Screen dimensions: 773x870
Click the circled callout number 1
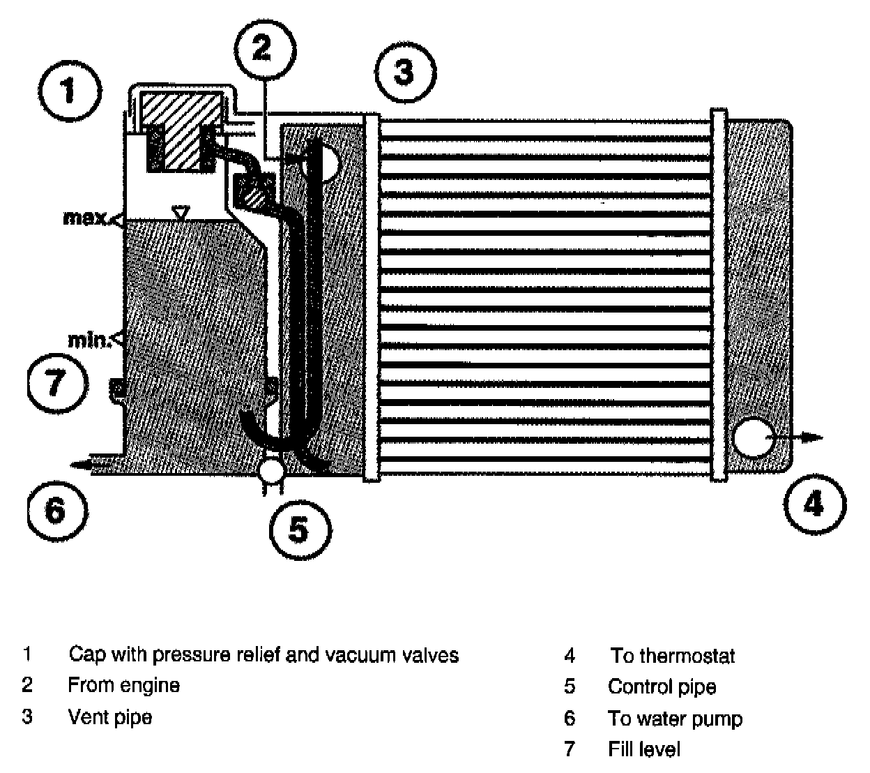click(x=70, y=91)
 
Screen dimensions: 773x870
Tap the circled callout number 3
click(x=405, y=71)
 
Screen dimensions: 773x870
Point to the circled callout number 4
click(x=814, y=503)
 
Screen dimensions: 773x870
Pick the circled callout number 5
click(x=299, y=530)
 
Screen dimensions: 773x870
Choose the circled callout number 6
click(x=56, y=509)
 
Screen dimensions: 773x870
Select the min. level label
click(x=89, y=340)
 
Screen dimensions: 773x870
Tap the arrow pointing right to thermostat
click(x=802, y=437)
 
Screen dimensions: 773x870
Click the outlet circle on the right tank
click(x=753, y=437)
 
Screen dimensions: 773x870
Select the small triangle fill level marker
click(x=181, y=212)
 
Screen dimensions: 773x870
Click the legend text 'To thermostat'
click(x=673, y=656)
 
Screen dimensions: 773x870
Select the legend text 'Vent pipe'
click(x=110, y=717)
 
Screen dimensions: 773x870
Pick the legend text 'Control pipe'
click(x=662, y=686)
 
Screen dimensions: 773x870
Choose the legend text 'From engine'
click(x=124, y=685)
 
